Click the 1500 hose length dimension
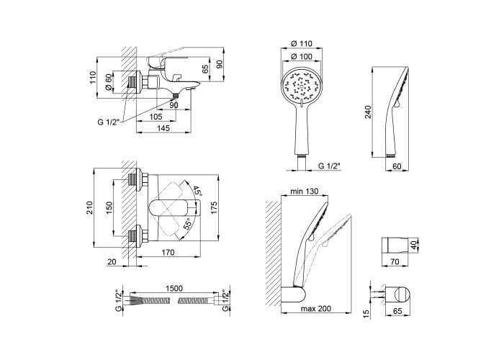(174, 288)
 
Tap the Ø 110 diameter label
(301, 43)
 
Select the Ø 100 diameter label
(301, 56)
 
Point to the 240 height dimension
(368, 112)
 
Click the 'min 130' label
(304, 192)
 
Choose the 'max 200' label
(316, 309)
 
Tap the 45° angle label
(197, 191)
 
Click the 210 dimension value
(89, 207)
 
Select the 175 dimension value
(215, 207)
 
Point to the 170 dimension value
(168, 252)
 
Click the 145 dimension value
(163, 128)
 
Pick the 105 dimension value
(156, 117)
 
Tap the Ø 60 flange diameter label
(109, 82)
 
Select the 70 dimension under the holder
(395, 262)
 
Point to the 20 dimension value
(112, 262)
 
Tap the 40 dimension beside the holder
(414, 246)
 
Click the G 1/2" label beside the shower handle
(329, 166)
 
